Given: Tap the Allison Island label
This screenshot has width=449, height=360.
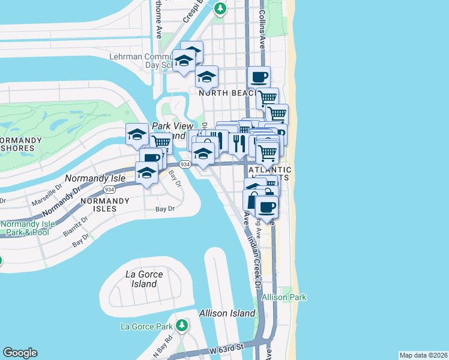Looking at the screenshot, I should (x=227, y=313).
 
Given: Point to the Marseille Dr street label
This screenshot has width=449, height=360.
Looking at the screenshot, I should (x=48, y=194).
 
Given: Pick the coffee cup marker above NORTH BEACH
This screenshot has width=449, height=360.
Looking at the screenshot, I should (x=259, y=77).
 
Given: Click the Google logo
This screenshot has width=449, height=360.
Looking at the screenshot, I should (x=20, y=353).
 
